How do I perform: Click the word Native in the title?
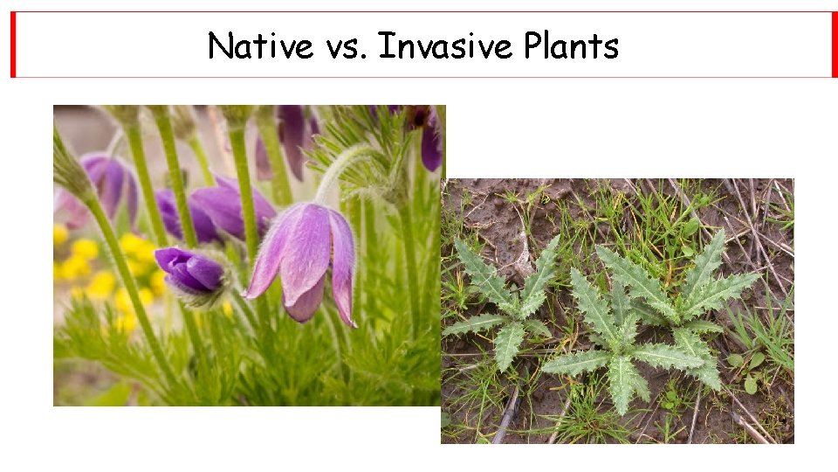pos(260,45)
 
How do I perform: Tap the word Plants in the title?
pos(571,45)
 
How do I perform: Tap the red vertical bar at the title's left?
pos(13,45)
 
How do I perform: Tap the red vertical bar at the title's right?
pos(834,45)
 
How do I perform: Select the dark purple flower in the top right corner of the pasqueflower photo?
pos(430,140)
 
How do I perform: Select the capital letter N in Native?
pos(219,45)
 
